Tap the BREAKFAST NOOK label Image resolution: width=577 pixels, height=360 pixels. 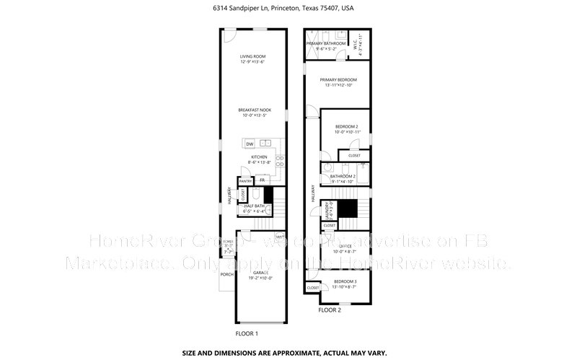pos(254,110)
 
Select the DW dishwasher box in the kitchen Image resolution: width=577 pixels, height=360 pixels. pos(250,143)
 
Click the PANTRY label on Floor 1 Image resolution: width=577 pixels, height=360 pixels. pos(235,180)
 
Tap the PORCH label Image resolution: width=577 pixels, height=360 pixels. pos(226,273)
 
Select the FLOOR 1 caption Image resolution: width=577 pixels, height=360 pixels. pos(247,333)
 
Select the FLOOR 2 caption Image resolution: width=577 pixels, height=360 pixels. pos(330,309)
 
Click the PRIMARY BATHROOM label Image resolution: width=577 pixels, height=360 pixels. pos(326,44)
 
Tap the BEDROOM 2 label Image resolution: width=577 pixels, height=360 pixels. pos(346,127)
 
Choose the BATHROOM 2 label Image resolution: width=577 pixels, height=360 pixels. pos(343,176)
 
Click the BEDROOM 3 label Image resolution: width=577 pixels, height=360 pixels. pos(344,281)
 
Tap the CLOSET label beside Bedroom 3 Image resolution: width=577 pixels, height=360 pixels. pos(313,288)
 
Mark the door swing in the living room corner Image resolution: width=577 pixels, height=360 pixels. pos(227,35)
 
